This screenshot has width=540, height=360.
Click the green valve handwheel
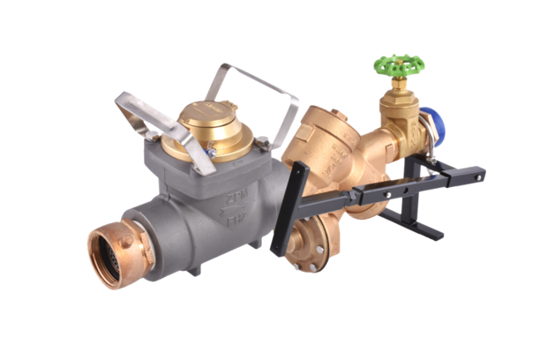pos(399,64)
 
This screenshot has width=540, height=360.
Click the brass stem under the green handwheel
pos(399,88)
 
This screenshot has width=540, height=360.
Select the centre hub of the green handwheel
pos(399,64)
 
